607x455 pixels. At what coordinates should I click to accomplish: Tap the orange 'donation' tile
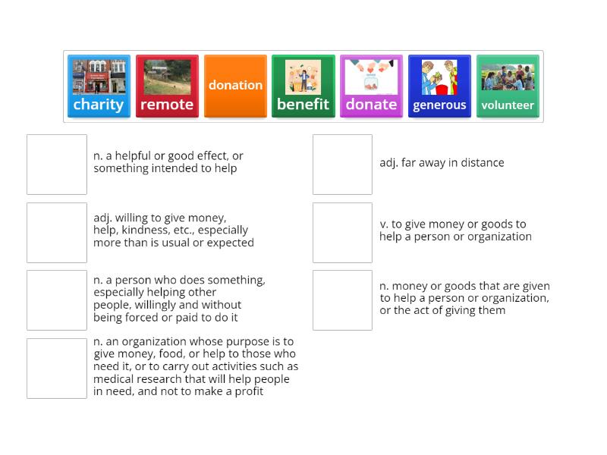[235, 86]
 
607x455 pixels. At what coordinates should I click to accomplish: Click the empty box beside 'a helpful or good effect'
[57, 165]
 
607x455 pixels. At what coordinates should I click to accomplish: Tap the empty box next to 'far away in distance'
[342, 165]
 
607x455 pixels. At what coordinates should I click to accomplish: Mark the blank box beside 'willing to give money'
[57, 233]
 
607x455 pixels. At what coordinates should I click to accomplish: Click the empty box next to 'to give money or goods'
[342, 233]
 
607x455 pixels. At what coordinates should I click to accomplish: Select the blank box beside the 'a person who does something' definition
[57, 300]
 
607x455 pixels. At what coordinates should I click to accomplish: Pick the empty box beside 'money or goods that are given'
[342, 300]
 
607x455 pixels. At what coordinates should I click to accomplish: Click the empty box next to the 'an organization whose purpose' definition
[57, 369]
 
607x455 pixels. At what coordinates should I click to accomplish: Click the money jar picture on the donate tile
[371, 77]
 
